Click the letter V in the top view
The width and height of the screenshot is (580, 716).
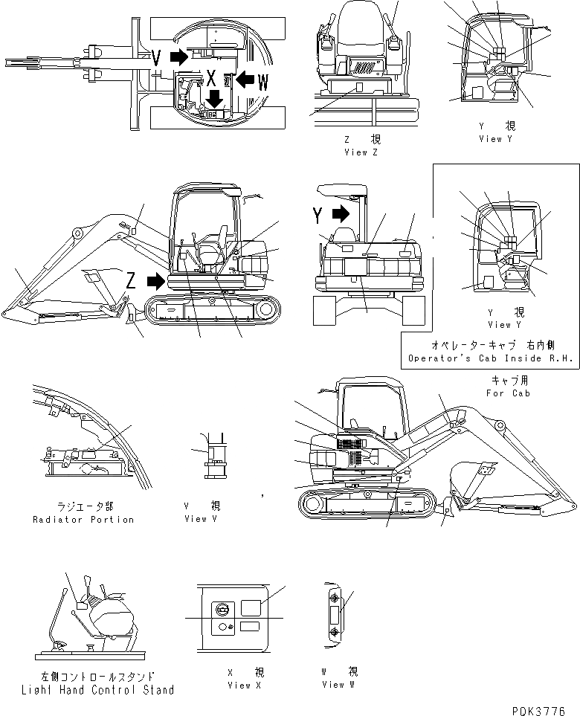(157, 57)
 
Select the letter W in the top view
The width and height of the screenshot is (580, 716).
(262, 83)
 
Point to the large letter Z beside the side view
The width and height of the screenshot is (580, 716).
(131, 280)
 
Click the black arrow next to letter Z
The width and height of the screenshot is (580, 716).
(156, 281)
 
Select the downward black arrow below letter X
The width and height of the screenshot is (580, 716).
(215, 98)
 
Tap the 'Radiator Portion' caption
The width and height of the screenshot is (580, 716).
(83, 519)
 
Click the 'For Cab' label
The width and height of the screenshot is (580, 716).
(508, 393)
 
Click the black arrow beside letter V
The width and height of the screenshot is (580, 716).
(178, 57)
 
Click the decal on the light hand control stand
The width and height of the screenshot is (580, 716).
(82, 606)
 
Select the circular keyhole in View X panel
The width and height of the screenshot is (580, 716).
(220, 608)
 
